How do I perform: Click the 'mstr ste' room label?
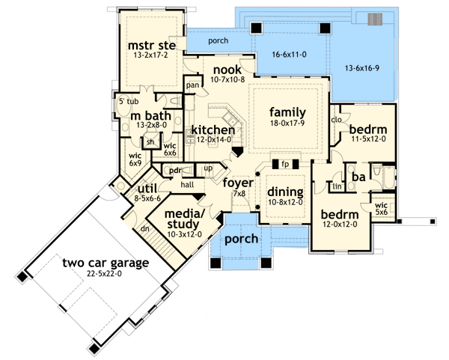(152, 46)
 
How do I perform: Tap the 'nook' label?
(227, 70)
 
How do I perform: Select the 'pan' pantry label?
(192, 85)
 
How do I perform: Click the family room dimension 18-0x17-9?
(287, 123)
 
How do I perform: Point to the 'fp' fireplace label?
(285, 164)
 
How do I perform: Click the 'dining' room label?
(285, 192)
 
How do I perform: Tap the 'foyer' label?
(238, 183)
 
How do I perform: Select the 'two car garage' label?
(106, 263)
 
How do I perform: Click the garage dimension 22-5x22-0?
(104, 274)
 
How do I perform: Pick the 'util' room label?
(147, 189)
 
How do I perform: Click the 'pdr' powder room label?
(175, 171)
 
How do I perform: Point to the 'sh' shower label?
(150, 141)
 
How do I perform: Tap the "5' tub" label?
(129, 101)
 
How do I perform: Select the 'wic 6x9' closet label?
(135, 159)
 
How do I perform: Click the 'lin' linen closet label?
(337, 186)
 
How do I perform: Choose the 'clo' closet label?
(337, 120)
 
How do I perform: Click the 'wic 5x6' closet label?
(382, 209)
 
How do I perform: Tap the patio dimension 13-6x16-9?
(362, 68)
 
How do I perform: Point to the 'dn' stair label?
(145, 229)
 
